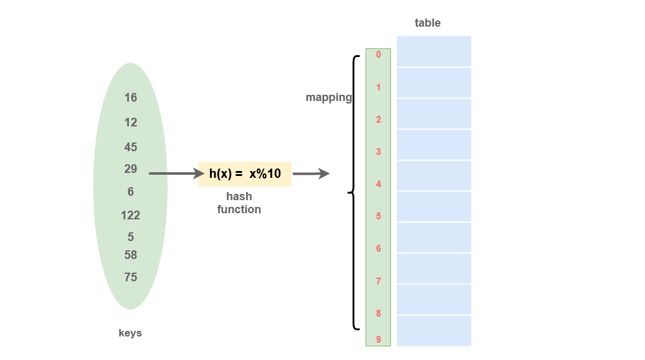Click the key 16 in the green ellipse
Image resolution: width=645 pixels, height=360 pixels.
tap(131, 97)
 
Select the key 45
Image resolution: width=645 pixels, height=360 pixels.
tap(131, 147)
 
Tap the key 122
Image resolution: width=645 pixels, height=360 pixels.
tap(131, 215)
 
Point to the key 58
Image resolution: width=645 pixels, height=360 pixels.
tap(131, 255)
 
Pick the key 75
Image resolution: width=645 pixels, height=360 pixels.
tap(131, 277)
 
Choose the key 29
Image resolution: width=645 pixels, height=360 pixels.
tap(131, 169)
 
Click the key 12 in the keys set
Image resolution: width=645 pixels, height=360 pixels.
tap(131, 122)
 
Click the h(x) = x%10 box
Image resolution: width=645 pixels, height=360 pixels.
tap(245, 174)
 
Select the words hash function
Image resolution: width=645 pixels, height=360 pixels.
tap(239, 203)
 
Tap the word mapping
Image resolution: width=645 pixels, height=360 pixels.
tap(328, 97)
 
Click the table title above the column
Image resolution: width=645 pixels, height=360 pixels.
tap(428, 23)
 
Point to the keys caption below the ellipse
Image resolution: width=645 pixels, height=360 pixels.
tap(130, 333)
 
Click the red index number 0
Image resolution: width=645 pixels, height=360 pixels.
tap(379, 55)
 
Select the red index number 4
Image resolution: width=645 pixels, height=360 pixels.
tap(379, 184)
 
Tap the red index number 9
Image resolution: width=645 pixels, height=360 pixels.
tap(379, 340)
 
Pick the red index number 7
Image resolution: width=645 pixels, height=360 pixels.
tap(379, 281)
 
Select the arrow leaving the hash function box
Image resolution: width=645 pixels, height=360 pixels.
tap(310, 174)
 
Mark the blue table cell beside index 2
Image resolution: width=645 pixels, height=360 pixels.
tap(434, 113)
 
